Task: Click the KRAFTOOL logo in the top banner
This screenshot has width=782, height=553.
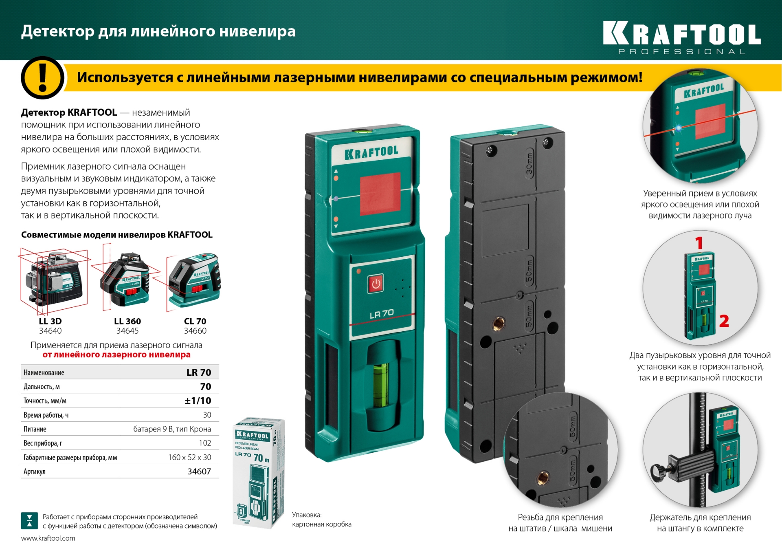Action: point(681,34)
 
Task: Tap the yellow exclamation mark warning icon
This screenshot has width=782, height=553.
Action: point(42,77)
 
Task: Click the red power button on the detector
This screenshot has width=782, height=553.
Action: point(376,284)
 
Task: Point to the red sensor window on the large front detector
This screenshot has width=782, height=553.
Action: point(380,194)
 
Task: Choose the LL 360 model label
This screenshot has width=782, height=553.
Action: point(127,321)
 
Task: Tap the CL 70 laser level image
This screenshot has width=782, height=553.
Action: point(194,280)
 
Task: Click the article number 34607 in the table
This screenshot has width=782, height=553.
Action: point(199,471)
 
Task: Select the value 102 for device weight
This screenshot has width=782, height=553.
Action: point(205,443)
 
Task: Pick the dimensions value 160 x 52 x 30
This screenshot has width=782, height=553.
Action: point(189,457)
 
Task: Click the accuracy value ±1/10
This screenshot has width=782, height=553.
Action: point(198,401)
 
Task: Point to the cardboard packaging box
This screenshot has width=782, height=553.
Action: point(258,473)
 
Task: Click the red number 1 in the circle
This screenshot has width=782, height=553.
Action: point(699,243)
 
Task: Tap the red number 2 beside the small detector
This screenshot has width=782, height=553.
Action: point(724,321)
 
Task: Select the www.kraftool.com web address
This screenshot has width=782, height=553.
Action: point(48,538)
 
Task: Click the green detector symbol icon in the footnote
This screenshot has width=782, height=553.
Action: point(29,521)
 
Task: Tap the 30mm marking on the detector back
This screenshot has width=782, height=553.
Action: point(529,164)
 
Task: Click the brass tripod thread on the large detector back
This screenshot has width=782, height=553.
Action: point(498,324)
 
